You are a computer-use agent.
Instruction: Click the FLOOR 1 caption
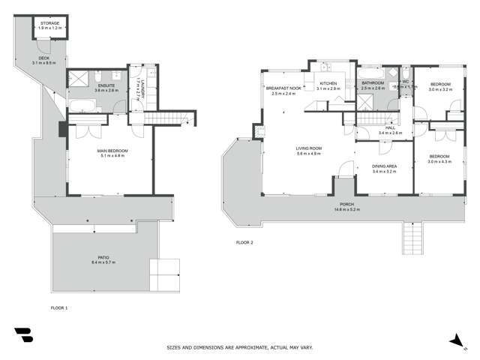coord(59,308)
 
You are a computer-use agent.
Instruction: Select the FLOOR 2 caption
coord(245,242)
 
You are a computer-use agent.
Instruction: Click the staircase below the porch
coord(410,238)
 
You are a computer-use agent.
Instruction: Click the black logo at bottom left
coord(23,334)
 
